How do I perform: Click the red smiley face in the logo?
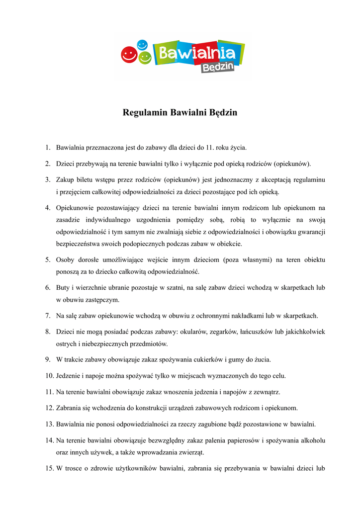[x=129, y=54]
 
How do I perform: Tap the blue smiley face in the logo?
[x=142, y=45]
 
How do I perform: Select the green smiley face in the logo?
[x=145, y=58]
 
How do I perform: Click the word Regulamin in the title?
[x=145, y=113]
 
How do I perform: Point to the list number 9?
[x=47, y=359]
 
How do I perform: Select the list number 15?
[x=49, y=468]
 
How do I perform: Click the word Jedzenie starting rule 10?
[x=70, y=375]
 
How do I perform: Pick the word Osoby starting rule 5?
[x=66, y=260]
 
